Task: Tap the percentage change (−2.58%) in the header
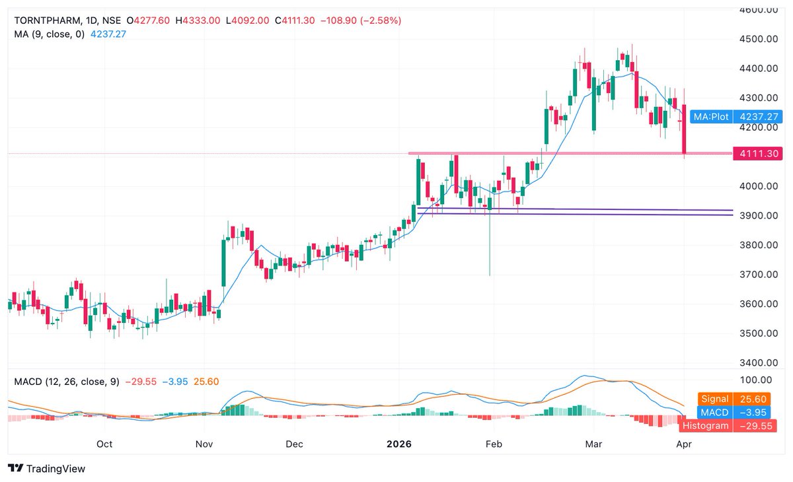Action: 379,20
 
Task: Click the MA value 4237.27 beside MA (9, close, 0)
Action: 108,34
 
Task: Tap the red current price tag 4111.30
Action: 761,153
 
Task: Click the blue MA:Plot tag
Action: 711,117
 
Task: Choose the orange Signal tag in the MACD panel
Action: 714,399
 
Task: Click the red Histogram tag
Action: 705,425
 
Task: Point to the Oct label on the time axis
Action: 104,444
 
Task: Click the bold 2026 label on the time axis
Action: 398,444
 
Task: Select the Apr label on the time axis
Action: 684,444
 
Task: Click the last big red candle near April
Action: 685,129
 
